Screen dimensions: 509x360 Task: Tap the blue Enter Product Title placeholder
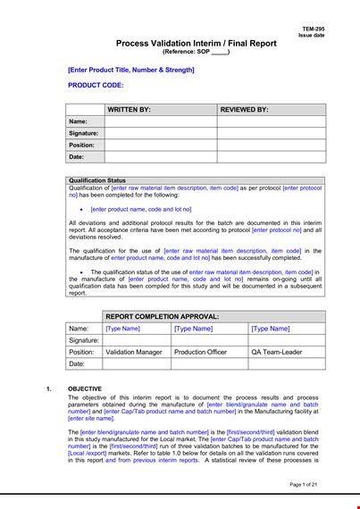(130, 69)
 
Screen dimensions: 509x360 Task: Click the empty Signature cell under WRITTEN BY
(160, 133)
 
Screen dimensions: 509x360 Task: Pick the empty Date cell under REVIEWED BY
(271, 157)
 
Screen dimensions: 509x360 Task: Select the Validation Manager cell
(128, 352)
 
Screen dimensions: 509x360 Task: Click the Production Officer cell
(201, 352)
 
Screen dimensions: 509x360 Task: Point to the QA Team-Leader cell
(277, 352)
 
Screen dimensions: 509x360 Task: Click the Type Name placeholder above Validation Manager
(123, 329)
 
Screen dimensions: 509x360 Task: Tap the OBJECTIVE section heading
(85, 388)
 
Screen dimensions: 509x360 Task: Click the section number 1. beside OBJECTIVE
(47, 388)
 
